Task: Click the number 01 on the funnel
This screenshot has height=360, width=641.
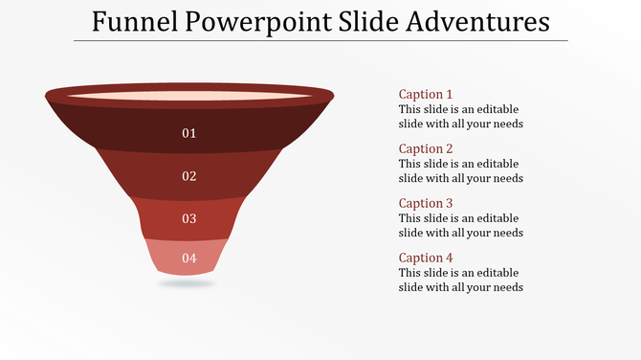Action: pos(189,133)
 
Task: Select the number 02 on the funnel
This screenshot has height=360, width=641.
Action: pos(189,176)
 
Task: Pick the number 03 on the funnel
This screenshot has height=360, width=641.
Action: pos(189,219)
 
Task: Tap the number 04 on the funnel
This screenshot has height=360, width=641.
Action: pos(189,258)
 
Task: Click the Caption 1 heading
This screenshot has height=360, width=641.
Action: pos(426,95)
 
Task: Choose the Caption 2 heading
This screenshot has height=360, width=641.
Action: pos(426,149)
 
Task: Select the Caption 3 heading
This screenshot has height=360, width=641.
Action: pos(426,204)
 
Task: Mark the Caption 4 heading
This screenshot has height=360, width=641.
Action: pos(426,259)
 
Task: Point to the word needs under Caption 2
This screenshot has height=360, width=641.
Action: pos(506,178)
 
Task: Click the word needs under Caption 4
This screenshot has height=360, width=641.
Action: pos(506,287)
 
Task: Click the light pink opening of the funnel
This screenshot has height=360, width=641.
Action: pos(189,96)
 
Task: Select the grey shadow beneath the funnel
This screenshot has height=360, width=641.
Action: pos(188,283)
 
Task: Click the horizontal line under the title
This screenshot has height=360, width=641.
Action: pos(320,41)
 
